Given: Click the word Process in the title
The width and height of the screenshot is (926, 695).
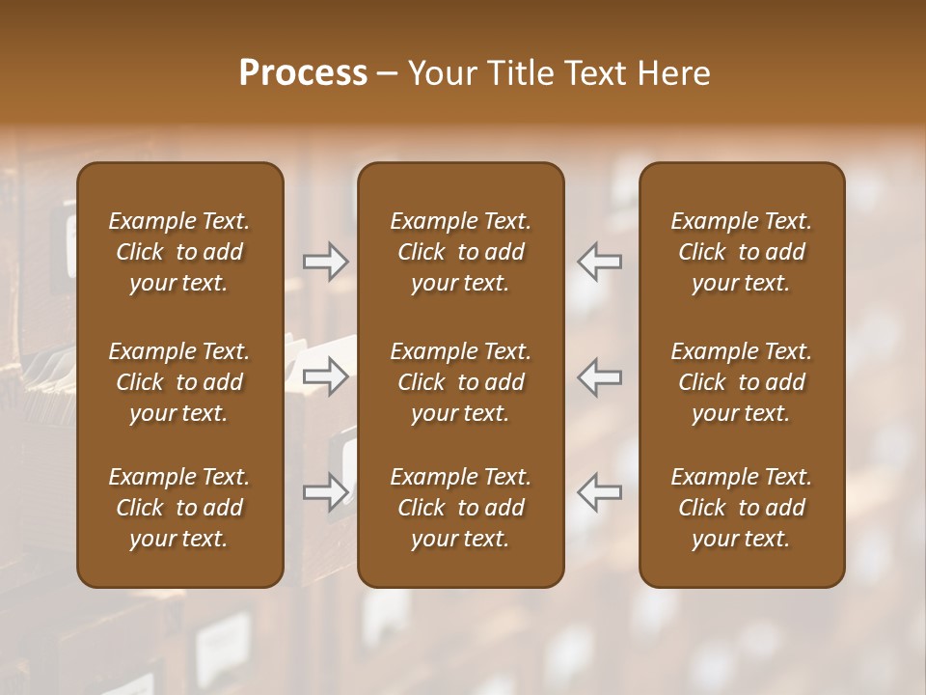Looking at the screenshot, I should [303, 72].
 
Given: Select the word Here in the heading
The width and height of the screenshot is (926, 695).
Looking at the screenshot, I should [672, 72].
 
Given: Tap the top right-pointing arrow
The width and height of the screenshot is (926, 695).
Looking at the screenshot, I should [326, 262].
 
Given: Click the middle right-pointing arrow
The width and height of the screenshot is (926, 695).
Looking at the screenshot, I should [326, 376].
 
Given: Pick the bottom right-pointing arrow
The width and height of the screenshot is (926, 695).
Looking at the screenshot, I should [326, 492].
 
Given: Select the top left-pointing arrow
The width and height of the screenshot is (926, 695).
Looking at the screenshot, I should [600, 262].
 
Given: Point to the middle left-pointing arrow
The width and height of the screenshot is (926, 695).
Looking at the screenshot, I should [600, 376].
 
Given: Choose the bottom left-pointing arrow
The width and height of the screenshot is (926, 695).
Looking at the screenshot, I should [600, 492].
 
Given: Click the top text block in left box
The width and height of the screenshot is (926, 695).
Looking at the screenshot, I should [179, 252].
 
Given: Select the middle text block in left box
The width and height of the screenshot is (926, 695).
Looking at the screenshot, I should [179, 382].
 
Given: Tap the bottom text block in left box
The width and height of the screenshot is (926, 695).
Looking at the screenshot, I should [179, 508].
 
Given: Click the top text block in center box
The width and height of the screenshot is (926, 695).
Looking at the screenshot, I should [460, 252].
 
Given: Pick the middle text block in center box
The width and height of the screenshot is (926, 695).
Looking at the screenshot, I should [460, 382].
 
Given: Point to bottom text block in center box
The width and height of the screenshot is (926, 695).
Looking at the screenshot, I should [460, 508].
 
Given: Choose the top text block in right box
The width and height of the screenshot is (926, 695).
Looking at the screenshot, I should [741, 252].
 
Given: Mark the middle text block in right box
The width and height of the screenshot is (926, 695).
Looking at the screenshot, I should [741, 382].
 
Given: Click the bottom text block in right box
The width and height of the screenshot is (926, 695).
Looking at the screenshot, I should [741, 508].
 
